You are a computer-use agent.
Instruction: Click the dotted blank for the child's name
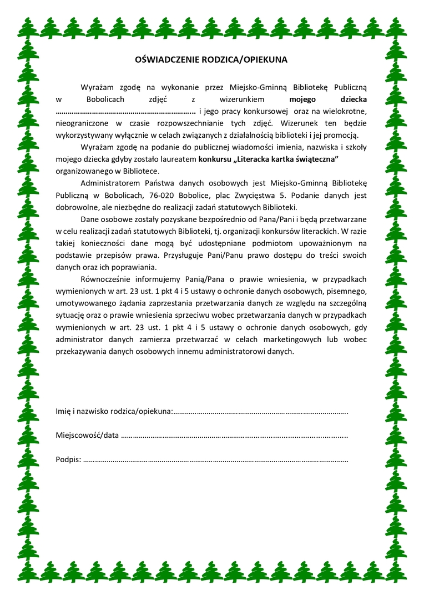pyautogui.click(x=125, y=112)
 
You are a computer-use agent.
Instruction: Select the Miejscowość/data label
pyautogui.click(x=87, y=435)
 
